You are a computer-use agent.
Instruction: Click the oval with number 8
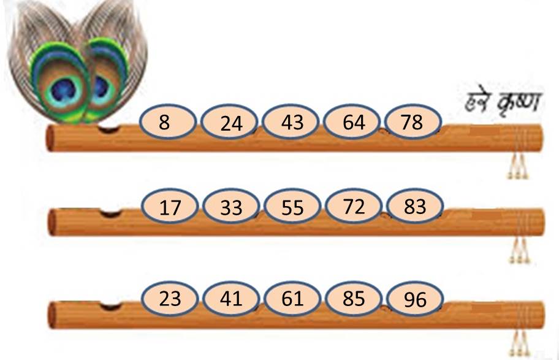[167, 121]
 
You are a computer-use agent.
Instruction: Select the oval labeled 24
[229, 122]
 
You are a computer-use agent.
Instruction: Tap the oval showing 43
[291, 121]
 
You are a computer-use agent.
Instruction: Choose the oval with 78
[414, 121]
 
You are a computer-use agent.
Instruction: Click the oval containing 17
[170, 206]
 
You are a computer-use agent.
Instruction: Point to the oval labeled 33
[231, 206]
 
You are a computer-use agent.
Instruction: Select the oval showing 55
[292, 206]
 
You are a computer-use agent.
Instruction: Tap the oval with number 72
[354, 206]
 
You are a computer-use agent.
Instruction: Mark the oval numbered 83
[416, 206]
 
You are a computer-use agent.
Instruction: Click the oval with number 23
[170, 298]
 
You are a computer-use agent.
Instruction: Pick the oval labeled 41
[231, 298]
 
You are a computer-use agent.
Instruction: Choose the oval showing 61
[292, 298]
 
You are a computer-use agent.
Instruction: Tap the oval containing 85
[354, 298]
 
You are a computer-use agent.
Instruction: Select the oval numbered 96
[416, 298]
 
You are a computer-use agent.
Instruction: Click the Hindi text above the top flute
[503, 102]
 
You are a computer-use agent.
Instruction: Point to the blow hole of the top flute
[108, 129]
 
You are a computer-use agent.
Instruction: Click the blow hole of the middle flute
[110, 213]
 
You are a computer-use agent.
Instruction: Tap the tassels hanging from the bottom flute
[519, 343]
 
